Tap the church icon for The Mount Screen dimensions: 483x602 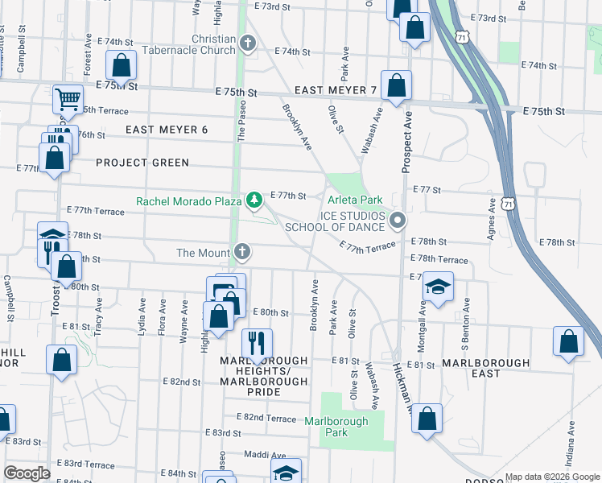point(241,253)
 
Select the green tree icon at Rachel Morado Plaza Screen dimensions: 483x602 point(254,200)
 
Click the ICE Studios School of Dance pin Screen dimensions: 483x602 point(396,220)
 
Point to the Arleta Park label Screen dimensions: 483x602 point(354,200)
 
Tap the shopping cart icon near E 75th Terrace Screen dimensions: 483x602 point(68,100)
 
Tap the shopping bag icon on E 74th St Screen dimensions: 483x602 point(121,66)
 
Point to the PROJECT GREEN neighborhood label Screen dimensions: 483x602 point(142,163)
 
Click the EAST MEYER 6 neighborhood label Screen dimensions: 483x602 point(167,130)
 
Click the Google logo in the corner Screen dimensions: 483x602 point(27,473)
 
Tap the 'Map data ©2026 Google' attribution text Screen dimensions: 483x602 point(551,477)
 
